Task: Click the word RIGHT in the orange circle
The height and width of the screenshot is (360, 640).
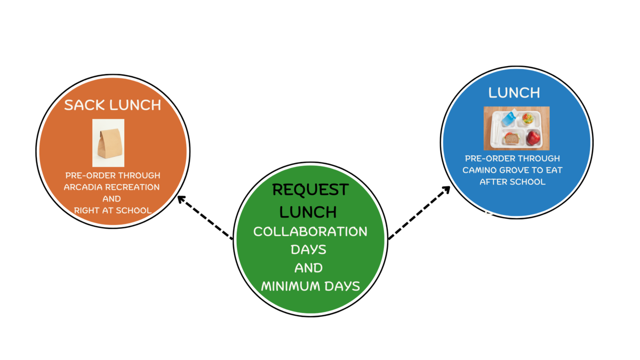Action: (87, 211)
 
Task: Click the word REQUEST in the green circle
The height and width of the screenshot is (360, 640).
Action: (310, 189)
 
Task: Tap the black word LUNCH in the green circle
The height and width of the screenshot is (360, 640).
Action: (308, 212)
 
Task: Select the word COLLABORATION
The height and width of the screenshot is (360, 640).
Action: (310, 232)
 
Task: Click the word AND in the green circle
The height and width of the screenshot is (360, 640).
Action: (308, 268)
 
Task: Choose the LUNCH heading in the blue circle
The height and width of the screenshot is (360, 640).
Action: (514, 93)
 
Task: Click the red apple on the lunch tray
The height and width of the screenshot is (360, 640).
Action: (533, 138)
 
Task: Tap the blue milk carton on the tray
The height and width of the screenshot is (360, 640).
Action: (508, 117)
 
